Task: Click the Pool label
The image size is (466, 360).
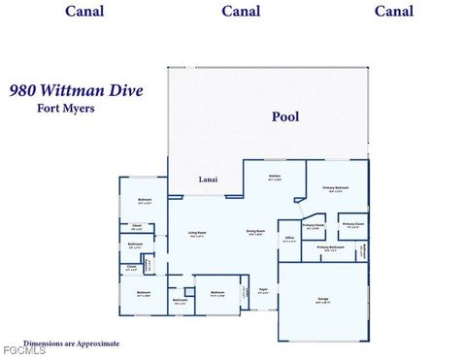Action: pos(284,116)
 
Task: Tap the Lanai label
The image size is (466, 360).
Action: pos(208,180)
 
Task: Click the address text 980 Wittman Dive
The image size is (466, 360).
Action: pos(76,90)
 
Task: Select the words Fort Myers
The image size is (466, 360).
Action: pos(65,108)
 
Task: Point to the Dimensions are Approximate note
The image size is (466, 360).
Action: pos(72,343)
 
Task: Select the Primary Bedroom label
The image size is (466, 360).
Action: pos(336,188)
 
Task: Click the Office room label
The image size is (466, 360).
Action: pos(289,237)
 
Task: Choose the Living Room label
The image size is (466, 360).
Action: pos(196,233)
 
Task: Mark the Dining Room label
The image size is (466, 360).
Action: pos(256,231)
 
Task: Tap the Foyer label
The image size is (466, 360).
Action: pos(263,289)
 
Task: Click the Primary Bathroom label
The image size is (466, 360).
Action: pos(330,247)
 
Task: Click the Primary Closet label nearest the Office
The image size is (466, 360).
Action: pos(313,226)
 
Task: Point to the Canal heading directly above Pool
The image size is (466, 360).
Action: pos(241,12)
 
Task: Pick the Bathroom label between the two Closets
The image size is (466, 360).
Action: pos(136,245)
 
